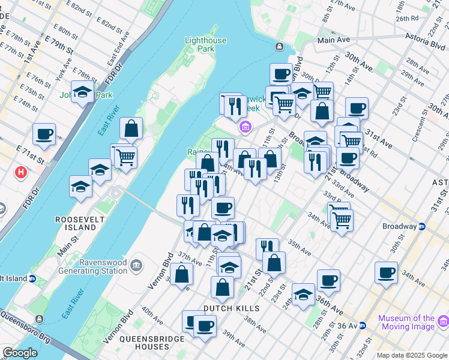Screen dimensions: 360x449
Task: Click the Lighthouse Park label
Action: point(206,44)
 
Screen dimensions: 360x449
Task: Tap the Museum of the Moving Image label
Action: point(414,322)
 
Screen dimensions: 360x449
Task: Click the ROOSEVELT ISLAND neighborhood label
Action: point(76,223)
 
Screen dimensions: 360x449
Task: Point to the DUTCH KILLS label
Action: point(231,308)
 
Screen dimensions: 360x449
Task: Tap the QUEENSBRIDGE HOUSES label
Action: point(144,343)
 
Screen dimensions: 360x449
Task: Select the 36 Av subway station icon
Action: point(362,326)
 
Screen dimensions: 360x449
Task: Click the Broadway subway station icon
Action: point(422,226)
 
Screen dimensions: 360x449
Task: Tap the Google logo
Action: point(20,353)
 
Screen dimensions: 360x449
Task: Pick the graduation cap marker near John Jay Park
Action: point(82,92)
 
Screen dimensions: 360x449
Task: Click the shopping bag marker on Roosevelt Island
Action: point(131,128)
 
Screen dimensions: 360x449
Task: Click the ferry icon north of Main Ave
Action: point(279,46)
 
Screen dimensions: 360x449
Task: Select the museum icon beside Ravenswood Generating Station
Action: point(137,265)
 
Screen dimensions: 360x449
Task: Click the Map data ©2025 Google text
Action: point(412,355)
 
